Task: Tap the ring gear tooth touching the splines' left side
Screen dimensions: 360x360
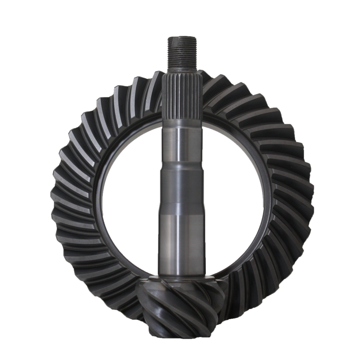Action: point(155,87)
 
